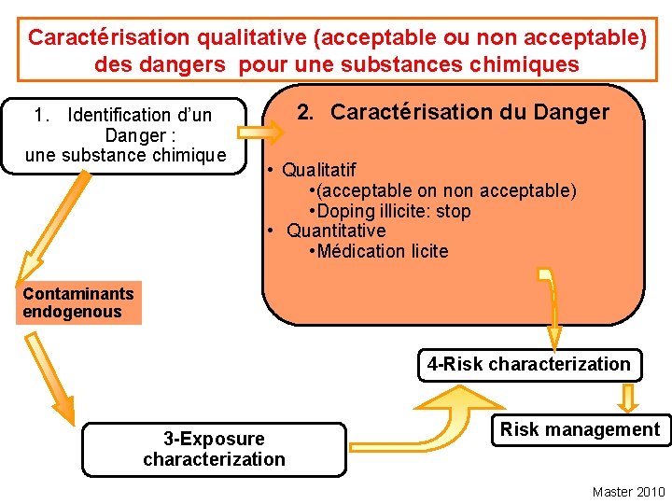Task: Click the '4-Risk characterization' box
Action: (529, 364)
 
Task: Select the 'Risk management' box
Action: (580, 429)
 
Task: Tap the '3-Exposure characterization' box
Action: (214, 449)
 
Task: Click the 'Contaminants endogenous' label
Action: (78, 302)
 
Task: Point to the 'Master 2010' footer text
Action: (628, 492)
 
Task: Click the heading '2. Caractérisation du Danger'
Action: (453, 113)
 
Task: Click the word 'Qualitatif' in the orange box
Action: (318, 170)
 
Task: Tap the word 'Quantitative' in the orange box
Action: (336, 231)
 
